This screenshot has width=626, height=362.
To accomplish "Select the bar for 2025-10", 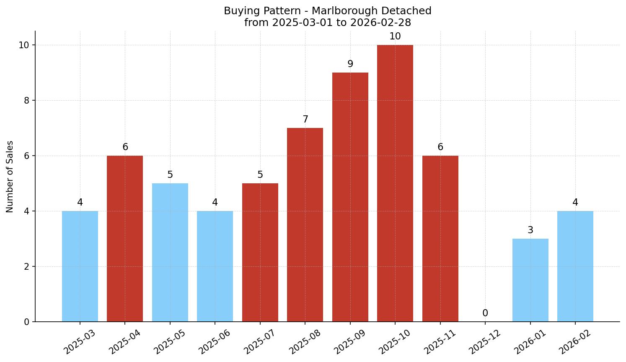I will pyautogui.click(x=395, y=183).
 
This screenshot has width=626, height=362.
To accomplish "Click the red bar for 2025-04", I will pyautogui.click(x=125, y=239).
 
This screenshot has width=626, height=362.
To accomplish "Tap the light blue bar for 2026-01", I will pyautogui.click(x=530, y=280).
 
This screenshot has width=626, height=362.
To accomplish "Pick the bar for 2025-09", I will pyautogui.click(x=350, y=197).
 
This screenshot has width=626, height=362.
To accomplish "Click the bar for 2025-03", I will pyautogui.click(x=80, y=266).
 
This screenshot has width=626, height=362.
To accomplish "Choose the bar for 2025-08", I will pyautogui.click(x=305, y=225).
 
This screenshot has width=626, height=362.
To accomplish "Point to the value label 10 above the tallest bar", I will pyautogui.click(x=395, y=36).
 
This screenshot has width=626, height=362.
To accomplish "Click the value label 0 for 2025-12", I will pyautogui.click(x=485, y=313).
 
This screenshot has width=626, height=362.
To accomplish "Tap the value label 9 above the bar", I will pyautogui.click(x=350, y=64).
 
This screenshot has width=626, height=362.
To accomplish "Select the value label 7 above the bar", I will pyautogui.click(x=305, y=120).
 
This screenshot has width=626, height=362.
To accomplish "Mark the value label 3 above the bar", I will pyautogui.click(x=530, y=230).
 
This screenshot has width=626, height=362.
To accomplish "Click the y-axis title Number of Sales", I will pyautogui.click(x=10, y=177).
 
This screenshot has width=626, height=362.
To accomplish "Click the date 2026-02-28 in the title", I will pyautogui.click(x=381, y=23).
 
